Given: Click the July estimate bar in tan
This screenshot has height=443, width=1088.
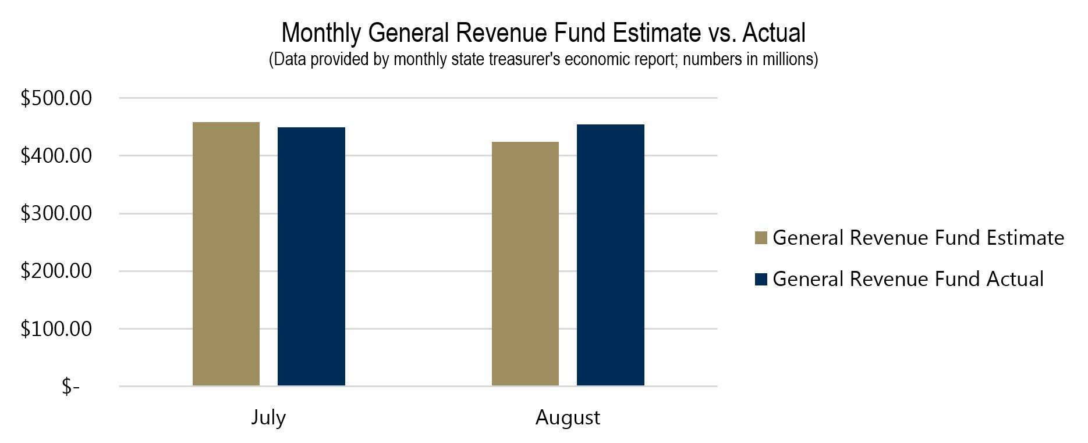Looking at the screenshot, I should pos(226,254).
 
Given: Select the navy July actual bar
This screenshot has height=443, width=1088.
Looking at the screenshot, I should pos(311,256).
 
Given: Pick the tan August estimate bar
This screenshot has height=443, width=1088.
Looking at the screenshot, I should pos(525,263).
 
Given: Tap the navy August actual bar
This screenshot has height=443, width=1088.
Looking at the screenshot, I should pos(610,255).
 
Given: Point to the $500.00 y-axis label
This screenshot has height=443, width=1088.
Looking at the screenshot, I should pos(56,98).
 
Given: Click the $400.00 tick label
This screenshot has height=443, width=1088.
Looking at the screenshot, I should pos(56,156).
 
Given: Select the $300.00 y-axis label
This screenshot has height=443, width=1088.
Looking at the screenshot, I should pos(56,213).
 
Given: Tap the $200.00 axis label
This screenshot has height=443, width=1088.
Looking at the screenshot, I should pos(56,271).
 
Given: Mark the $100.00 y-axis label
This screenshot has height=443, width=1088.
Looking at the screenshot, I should pos(56,329).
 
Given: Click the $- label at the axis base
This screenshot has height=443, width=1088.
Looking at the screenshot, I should pos(70,387).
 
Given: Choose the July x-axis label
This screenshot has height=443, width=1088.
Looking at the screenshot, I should pos(268,417).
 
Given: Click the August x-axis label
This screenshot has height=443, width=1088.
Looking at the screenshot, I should pos(568,417).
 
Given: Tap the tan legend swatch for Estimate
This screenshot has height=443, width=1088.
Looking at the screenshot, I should pos(761,238).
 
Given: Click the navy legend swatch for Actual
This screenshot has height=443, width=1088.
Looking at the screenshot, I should pos(761,279).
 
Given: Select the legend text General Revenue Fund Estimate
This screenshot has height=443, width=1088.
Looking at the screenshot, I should pos(918,238).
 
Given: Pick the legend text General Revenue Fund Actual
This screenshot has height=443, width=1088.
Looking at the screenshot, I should pos(908,279).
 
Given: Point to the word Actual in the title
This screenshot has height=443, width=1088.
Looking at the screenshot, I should pos(774,33).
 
